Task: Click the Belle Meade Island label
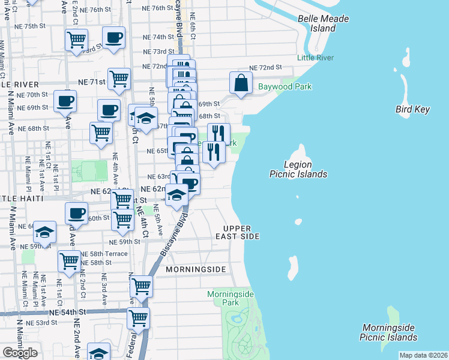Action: tap(323, 23)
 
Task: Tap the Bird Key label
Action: tap(413, 109)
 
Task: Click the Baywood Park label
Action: tap(285, 87)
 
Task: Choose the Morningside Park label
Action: tap(231, 298)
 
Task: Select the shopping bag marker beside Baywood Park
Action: tap(241, 83)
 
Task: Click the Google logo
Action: tap(20, 353)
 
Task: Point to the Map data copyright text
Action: tap(423, 355)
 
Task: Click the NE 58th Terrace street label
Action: tap(104, 254)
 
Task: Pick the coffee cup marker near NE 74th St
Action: tap(113, 38)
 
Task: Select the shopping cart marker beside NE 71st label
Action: tap(119, 78)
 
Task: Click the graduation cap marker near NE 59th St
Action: tap(44, 231)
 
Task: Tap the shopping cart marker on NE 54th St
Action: tap(138, 317)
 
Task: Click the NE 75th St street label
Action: tap(32, 26)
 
